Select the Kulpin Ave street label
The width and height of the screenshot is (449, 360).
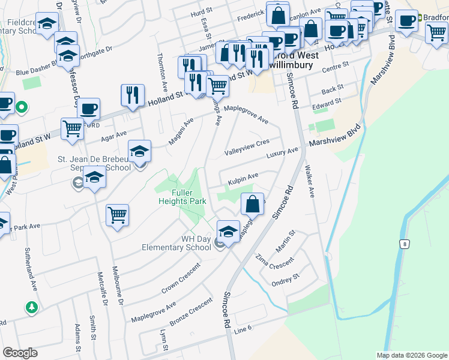[x=243, y=178]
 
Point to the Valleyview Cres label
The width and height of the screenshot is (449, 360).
[x=247, y=147]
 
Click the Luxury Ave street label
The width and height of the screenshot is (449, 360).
[x=282, y=154]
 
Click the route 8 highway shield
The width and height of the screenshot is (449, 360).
[x=405, y=244]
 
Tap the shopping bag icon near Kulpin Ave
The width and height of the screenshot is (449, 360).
[x=253, y=203]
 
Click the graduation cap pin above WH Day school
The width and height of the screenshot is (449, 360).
[x=228, y=230]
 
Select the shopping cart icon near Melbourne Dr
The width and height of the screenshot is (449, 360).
[x=118, y=215]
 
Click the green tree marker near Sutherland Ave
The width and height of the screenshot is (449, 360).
[x=31, y=307]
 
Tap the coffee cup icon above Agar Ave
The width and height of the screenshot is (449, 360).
[x=89, y=109]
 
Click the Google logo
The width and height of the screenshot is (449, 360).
[x=20, y=353]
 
